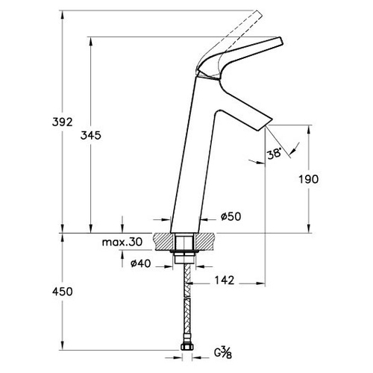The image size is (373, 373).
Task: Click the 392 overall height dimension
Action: point(62,122)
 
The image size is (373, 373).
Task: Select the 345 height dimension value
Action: point(91,136)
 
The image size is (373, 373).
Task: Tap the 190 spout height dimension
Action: point(308,179)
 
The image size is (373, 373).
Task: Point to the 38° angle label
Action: point(275,154)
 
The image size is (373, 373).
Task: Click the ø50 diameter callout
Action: point(231,216)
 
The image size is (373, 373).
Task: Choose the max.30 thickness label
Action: point(122,242)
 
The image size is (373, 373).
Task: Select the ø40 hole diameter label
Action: point(141,263)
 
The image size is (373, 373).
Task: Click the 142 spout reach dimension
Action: point(225,280)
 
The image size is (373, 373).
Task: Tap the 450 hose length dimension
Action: point(63,292)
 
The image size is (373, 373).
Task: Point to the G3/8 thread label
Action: point(223,353)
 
